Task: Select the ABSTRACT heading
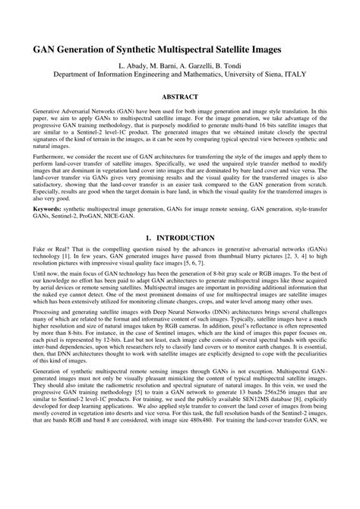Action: [x=180, y=97]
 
